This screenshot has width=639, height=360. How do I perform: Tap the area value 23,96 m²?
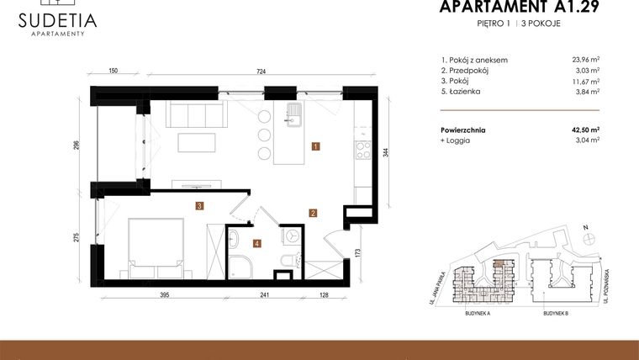pyautogui.click(x=584, y=60)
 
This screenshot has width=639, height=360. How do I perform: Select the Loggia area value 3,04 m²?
pyautogui.click(x=585, y=140)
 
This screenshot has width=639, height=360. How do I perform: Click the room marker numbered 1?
pyautogui.click(x=314, y=146)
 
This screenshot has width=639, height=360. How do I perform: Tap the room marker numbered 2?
pyautogui.click(x=312, y=213)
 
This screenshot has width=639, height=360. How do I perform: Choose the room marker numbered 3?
pyautogui.click(x=198, y=205)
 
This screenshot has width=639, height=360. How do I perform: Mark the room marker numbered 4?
pyautogui.click(x=257, y=244)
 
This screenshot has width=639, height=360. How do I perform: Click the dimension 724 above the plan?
pyautogui.click(x=261, y=73)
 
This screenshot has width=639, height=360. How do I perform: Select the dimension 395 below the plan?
pyautogui.click(x=166, y=295)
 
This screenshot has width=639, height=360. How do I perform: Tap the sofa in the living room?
pyautogui.click(x=193, y=113)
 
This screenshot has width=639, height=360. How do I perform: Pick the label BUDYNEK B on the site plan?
pyautogui.click(x=556, y=312)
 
